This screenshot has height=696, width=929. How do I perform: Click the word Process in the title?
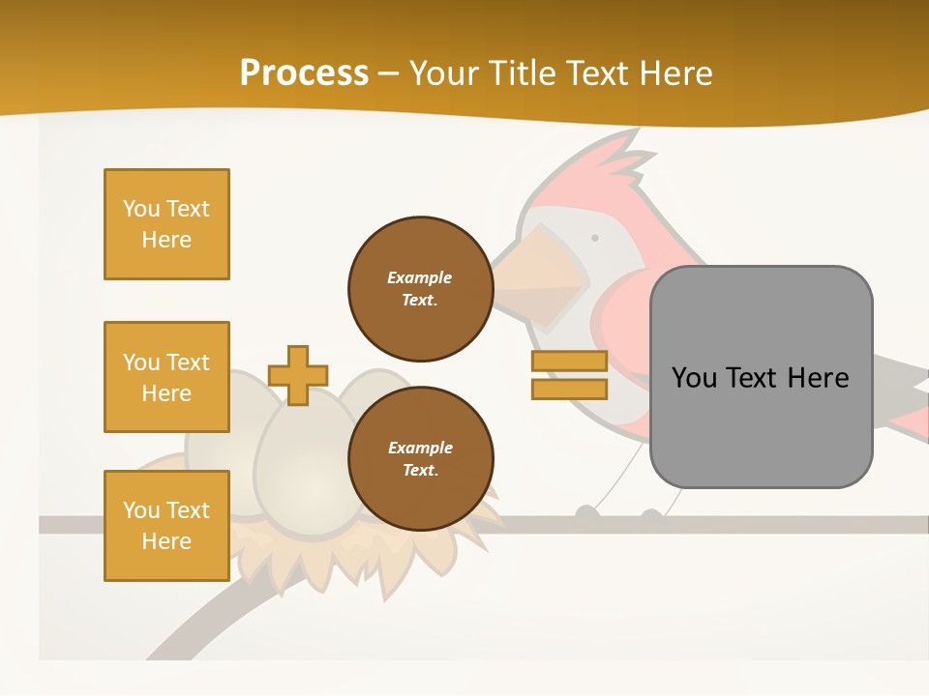(x=304, y=72)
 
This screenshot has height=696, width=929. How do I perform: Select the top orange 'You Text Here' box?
(x=166, y=224)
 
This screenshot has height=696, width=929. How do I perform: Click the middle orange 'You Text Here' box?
(x=166, y=377)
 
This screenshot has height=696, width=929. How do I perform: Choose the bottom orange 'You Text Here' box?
(x=166, y=526)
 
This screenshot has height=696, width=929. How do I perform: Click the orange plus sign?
(x=298, y=375)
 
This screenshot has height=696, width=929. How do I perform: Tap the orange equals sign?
(x=569, y=375)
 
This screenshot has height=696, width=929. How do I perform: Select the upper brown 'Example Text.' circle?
(x=420, y=288)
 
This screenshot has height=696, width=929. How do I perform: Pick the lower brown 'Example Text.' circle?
(x=420, y=458)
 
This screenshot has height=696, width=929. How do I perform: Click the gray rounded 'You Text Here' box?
(x=761, y=377)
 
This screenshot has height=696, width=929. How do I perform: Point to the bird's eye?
(x=594, y=237)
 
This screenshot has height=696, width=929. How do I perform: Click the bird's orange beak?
(x=542, y=280)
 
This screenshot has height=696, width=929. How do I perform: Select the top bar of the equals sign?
(x=569, y=362)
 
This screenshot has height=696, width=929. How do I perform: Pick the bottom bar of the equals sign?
(x=569, y=390)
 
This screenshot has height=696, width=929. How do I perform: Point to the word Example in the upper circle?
(x=420, y=277)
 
